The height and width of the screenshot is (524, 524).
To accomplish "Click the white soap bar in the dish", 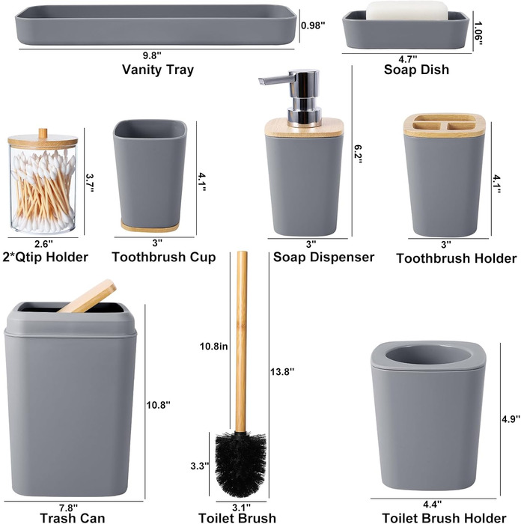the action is [x=406, y=10].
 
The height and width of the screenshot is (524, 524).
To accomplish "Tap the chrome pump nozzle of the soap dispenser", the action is [x=277, y=81].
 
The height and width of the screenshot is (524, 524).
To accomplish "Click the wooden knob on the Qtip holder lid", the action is [x=43, y=133].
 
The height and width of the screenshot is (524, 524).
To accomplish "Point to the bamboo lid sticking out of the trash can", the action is [x=88, y=296].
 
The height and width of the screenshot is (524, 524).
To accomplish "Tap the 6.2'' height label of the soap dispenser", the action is [x=358, y=154].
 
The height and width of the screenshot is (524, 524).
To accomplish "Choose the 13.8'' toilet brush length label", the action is [x=282, y=371].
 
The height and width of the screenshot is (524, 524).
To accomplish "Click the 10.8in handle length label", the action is [x=213, y=346].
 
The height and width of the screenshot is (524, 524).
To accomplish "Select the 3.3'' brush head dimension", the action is [x=200, y=466].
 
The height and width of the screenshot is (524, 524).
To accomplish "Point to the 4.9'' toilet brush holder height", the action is [x=511, y=419].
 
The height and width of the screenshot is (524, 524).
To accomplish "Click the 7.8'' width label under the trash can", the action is [x=69, y=508].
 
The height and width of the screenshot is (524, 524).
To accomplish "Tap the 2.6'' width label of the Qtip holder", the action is [x=43, y=243].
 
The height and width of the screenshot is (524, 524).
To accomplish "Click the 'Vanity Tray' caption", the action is [x=158, y=70].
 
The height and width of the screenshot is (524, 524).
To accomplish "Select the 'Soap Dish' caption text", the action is [x=416, y=70].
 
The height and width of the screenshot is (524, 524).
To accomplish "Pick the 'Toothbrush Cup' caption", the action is [x=164, y=257].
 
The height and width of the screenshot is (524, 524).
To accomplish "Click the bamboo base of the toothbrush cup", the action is [x=150, y=226].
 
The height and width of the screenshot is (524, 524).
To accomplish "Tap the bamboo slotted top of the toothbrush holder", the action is [x=445, y=125].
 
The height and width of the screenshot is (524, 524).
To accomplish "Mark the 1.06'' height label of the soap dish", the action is [x=478, y=33].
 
